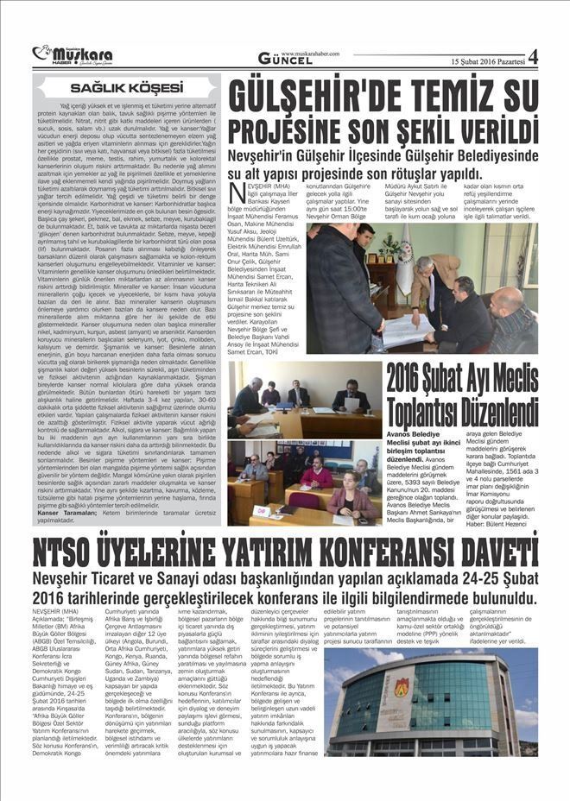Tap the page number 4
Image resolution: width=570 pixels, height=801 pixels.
(x=532, y=58)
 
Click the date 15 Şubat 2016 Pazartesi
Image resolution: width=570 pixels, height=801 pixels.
(x=488, y=61)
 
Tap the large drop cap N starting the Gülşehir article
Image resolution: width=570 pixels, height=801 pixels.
(x=236, y=193)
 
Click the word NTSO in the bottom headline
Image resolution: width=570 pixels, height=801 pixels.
(x=73, y=552)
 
